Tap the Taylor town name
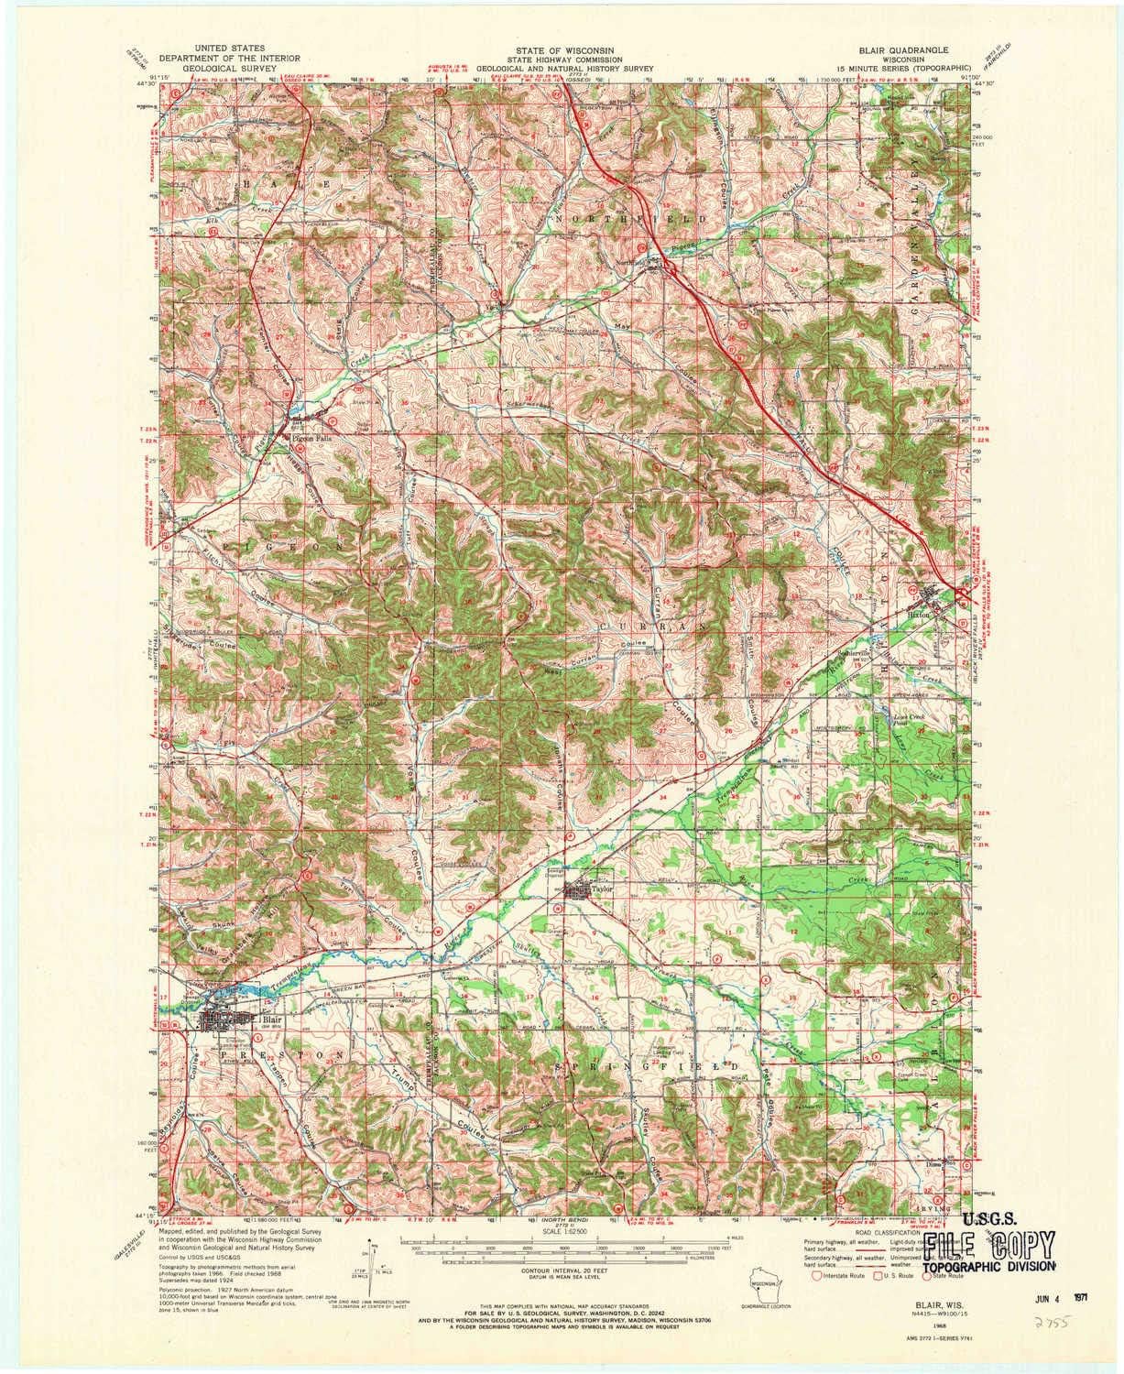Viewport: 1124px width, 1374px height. coord(600,887)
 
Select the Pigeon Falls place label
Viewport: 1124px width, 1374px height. coord(310,439)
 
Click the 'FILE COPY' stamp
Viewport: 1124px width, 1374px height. coord(987,1244)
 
